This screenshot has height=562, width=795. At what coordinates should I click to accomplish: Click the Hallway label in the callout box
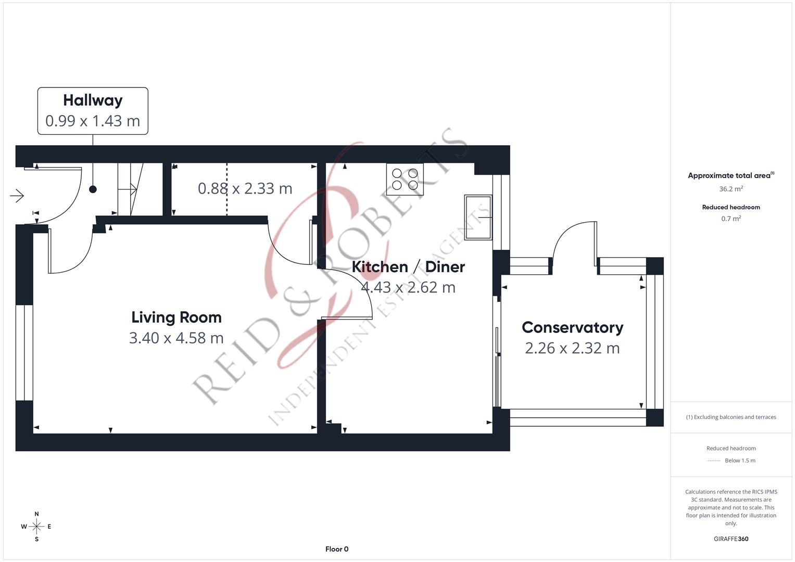tap(93, 100)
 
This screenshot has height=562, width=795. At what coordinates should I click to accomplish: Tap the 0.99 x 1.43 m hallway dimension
tap(93, 121)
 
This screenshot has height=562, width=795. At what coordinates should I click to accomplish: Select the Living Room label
tap(176, 317)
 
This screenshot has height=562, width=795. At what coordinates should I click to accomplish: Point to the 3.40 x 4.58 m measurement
tap(176, 338)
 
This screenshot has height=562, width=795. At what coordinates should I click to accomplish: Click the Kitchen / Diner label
tap(408, 267)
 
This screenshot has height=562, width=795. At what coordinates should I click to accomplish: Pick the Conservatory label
tap(573, 327)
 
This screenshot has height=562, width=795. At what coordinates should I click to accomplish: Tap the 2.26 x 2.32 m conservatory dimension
tap(573, 348)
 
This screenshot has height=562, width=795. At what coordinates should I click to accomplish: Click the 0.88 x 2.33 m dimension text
tap(245, 188)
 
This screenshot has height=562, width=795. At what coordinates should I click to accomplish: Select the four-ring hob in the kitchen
tap(405, 179)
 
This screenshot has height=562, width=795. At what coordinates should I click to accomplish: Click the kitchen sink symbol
tap(478, 217)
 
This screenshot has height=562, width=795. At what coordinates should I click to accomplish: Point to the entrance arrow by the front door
tap(17, 196)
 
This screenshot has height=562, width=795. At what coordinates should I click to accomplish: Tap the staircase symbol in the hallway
tap(131, 189)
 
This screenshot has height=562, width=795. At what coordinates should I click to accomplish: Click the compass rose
tap(36, 527)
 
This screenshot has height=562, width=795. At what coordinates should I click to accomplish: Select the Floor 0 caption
tap(337, 549)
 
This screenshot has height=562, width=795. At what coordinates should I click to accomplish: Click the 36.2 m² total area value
tap(731, 189)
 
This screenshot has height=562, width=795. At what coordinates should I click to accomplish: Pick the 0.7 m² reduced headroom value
tap(731, 219)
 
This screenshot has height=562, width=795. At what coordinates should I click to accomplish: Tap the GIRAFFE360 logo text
tap(731, 539)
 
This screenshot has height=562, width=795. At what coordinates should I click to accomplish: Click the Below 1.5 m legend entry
tap(740, 461)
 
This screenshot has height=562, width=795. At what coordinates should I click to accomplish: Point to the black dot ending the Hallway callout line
tap(93, 189)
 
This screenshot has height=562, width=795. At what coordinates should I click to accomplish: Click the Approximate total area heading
tap(731, 175)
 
